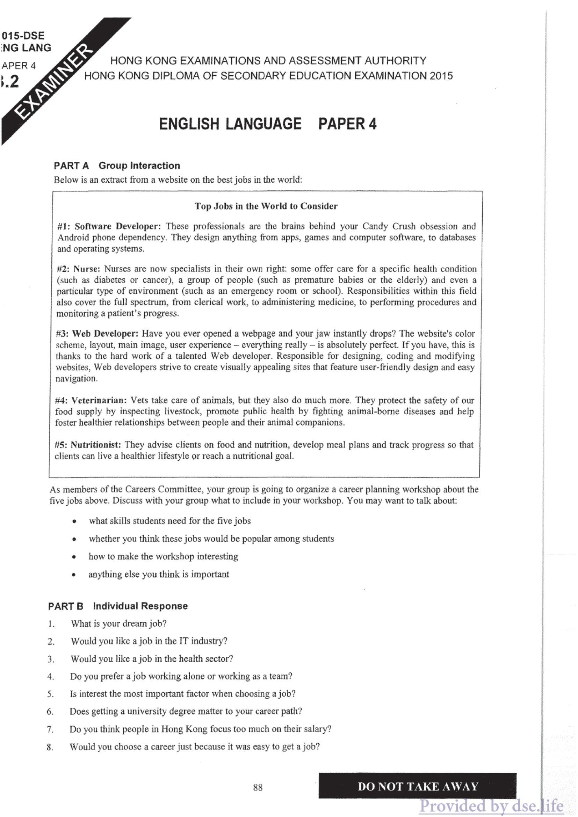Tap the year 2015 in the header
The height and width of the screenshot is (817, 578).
point(441,76)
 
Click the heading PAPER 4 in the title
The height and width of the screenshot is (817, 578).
point(347,124)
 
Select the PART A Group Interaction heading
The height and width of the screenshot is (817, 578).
point(117,166)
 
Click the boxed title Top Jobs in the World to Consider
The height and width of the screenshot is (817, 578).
point(266,206)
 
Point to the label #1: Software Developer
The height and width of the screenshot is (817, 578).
point(109,227)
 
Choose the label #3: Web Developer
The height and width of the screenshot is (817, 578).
point(97,334)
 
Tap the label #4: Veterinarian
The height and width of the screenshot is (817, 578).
point(91,400)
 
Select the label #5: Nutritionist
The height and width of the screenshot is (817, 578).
point(88,445)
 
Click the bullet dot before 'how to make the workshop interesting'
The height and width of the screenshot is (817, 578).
point(74,557)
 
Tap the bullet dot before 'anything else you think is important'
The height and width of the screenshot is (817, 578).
point(74,575)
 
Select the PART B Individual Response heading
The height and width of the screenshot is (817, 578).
point(118,606)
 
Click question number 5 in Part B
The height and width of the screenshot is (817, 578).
point(51,694)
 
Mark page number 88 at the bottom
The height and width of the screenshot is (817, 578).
point(258,787)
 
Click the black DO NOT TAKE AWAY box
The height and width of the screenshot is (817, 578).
point(417,786)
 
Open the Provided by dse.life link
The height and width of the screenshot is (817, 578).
point(491,806)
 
